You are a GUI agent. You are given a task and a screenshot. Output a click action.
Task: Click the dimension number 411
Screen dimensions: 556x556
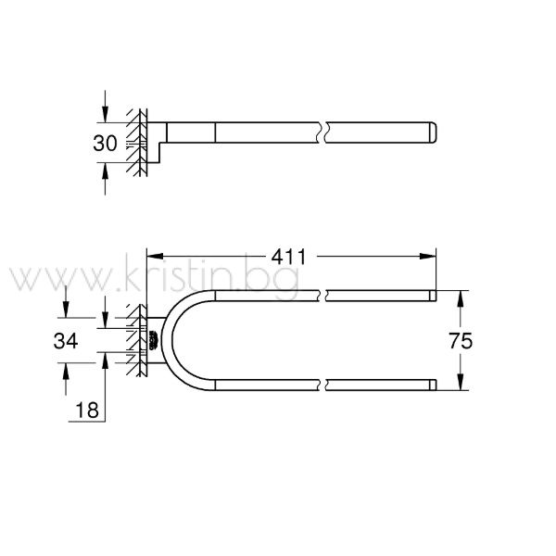tap(288, 257)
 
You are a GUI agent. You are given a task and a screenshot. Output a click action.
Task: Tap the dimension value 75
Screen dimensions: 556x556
tap(461, 341)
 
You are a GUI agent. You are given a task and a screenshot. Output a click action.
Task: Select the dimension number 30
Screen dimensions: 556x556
tap(105, 144)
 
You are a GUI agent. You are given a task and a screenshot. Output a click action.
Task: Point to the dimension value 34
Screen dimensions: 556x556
tap(66, 341)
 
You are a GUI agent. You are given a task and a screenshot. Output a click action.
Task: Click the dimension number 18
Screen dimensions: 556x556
tap(87, 411)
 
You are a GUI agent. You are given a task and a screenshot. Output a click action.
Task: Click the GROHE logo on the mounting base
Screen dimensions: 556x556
tap(154, 340)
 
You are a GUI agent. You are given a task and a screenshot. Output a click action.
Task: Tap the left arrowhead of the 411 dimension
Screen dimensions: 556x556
tap(155, 257)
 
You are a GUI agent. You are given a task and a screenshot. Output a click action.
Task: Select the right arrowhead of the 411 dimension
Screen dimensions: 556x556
tap(427, 257)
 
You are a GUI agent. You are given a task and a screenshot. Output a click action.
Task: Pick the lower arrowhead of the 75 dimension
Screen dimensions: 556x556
tap(461, 382)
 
